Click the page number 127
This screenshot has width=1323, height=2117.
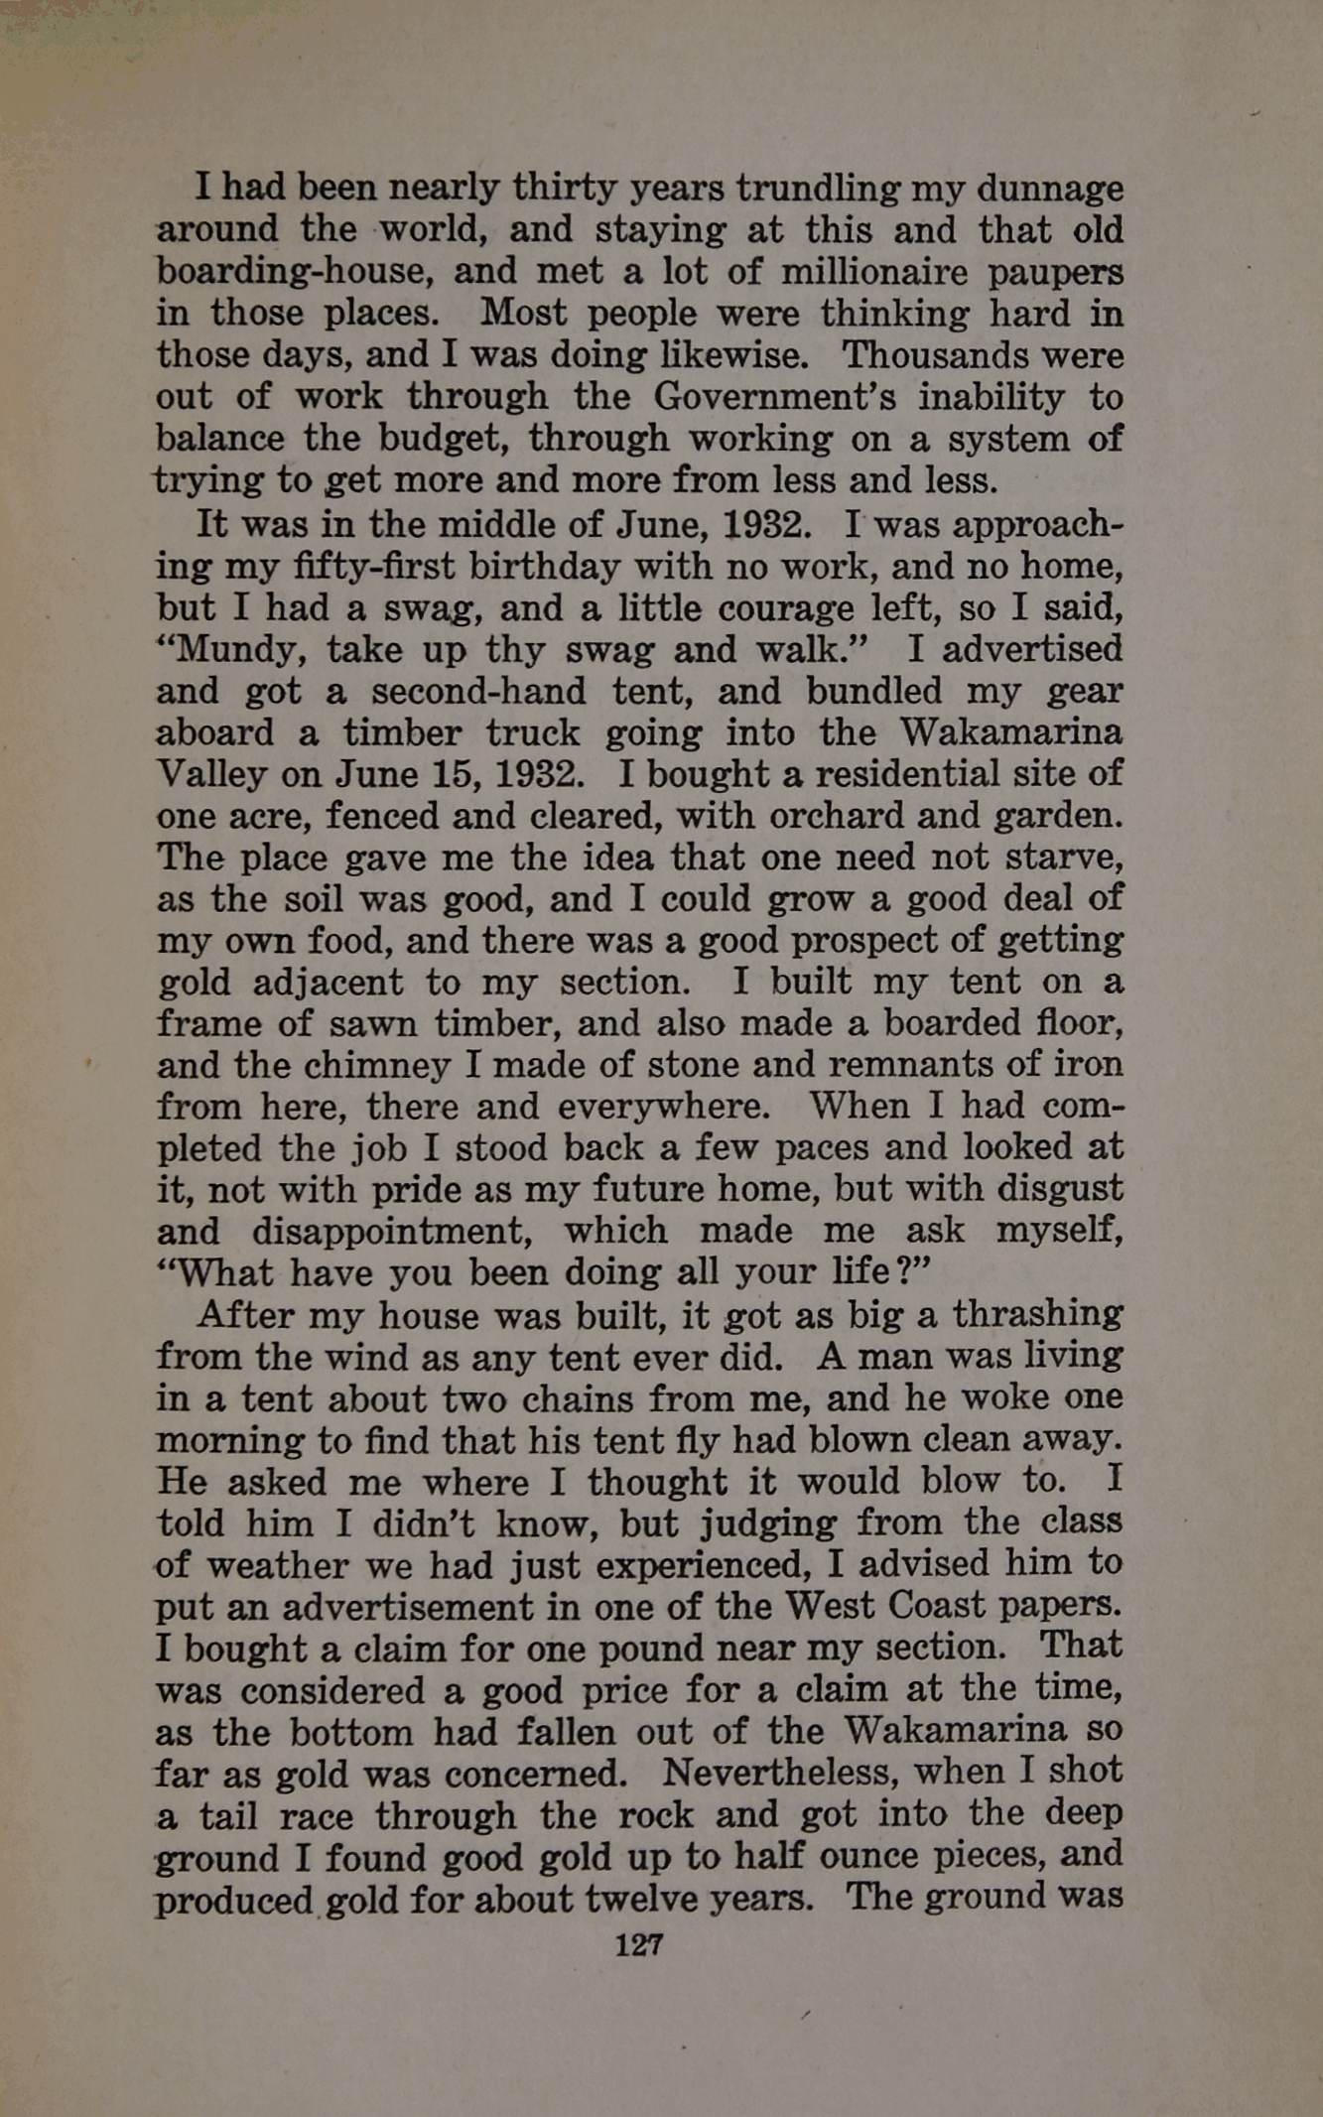pos(638,1944)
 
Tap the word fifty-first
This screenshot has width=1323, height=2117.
pos(373,567)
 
